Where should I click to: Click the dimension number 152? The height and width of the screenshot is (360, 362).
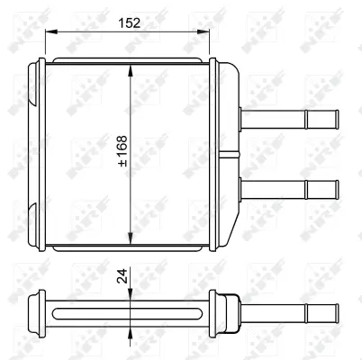[x=132, y=22]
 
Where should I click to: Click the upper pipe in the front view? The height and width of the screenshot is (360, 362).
[x=288, y=119]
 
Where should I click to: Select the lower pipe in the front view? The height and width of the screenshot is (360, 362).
[x=288, y=190]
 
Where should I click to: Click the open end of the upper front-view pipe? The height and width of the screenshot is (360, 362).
[x=336, y=119]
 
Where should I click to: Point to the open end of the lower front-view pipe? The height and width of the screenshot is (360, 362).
[x=336, y=190]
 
